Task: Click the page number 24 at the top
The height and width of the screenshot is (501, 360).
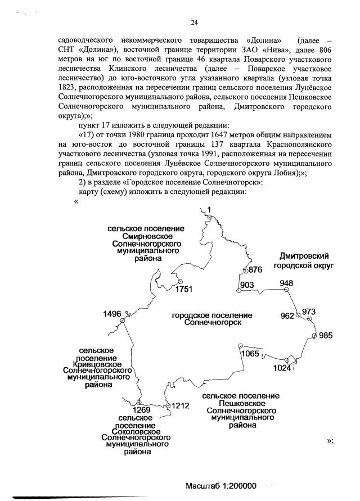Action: (x=194, y=22)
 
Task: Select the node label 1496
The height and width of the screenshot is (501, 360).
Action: (x=112, y=314)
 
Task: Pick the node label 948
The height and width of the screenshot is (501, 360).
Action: (x=286, y=283)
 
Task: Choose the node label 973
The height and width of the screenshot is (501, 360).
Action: (x=309, y=312)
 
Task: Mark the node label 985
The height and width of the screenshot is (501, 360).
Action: (x=326, y=336)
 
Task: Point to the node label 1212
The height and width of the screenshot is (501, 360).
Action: (x=181, y=405)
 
